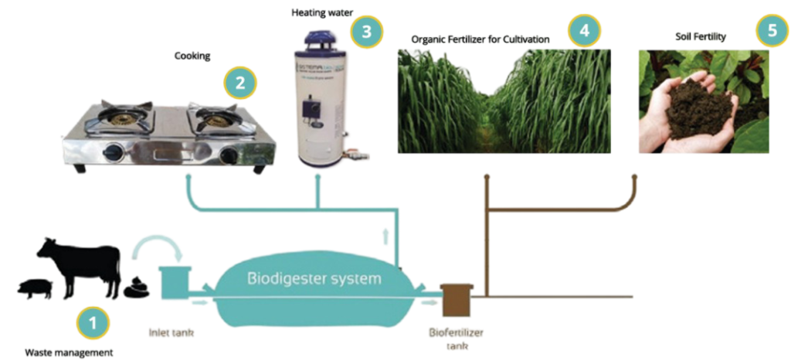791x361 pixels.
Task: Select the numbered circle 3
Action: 365,31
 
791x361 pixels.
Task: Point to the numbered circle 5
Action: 771,32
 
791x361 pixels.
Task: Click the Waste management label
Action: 70,352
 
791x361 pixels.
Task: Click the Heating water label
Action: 316,12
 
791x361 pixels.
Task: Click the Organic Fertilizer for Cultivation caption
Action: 480,38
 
